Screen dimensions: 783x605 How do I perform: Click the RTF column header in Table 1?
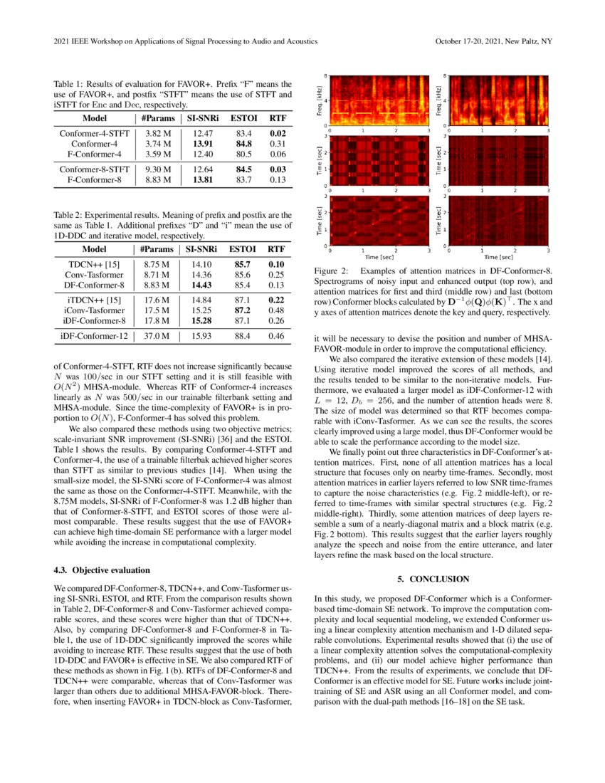278,117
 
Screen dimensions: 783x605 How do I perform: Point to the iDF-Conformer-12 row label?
94,335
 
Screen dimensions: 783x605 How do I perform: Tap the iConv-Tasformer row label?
94,310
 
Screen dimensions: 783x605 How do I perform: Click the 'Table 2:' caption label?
71,215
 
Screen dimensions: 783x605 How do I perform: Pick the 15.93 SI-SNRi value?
201,335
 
